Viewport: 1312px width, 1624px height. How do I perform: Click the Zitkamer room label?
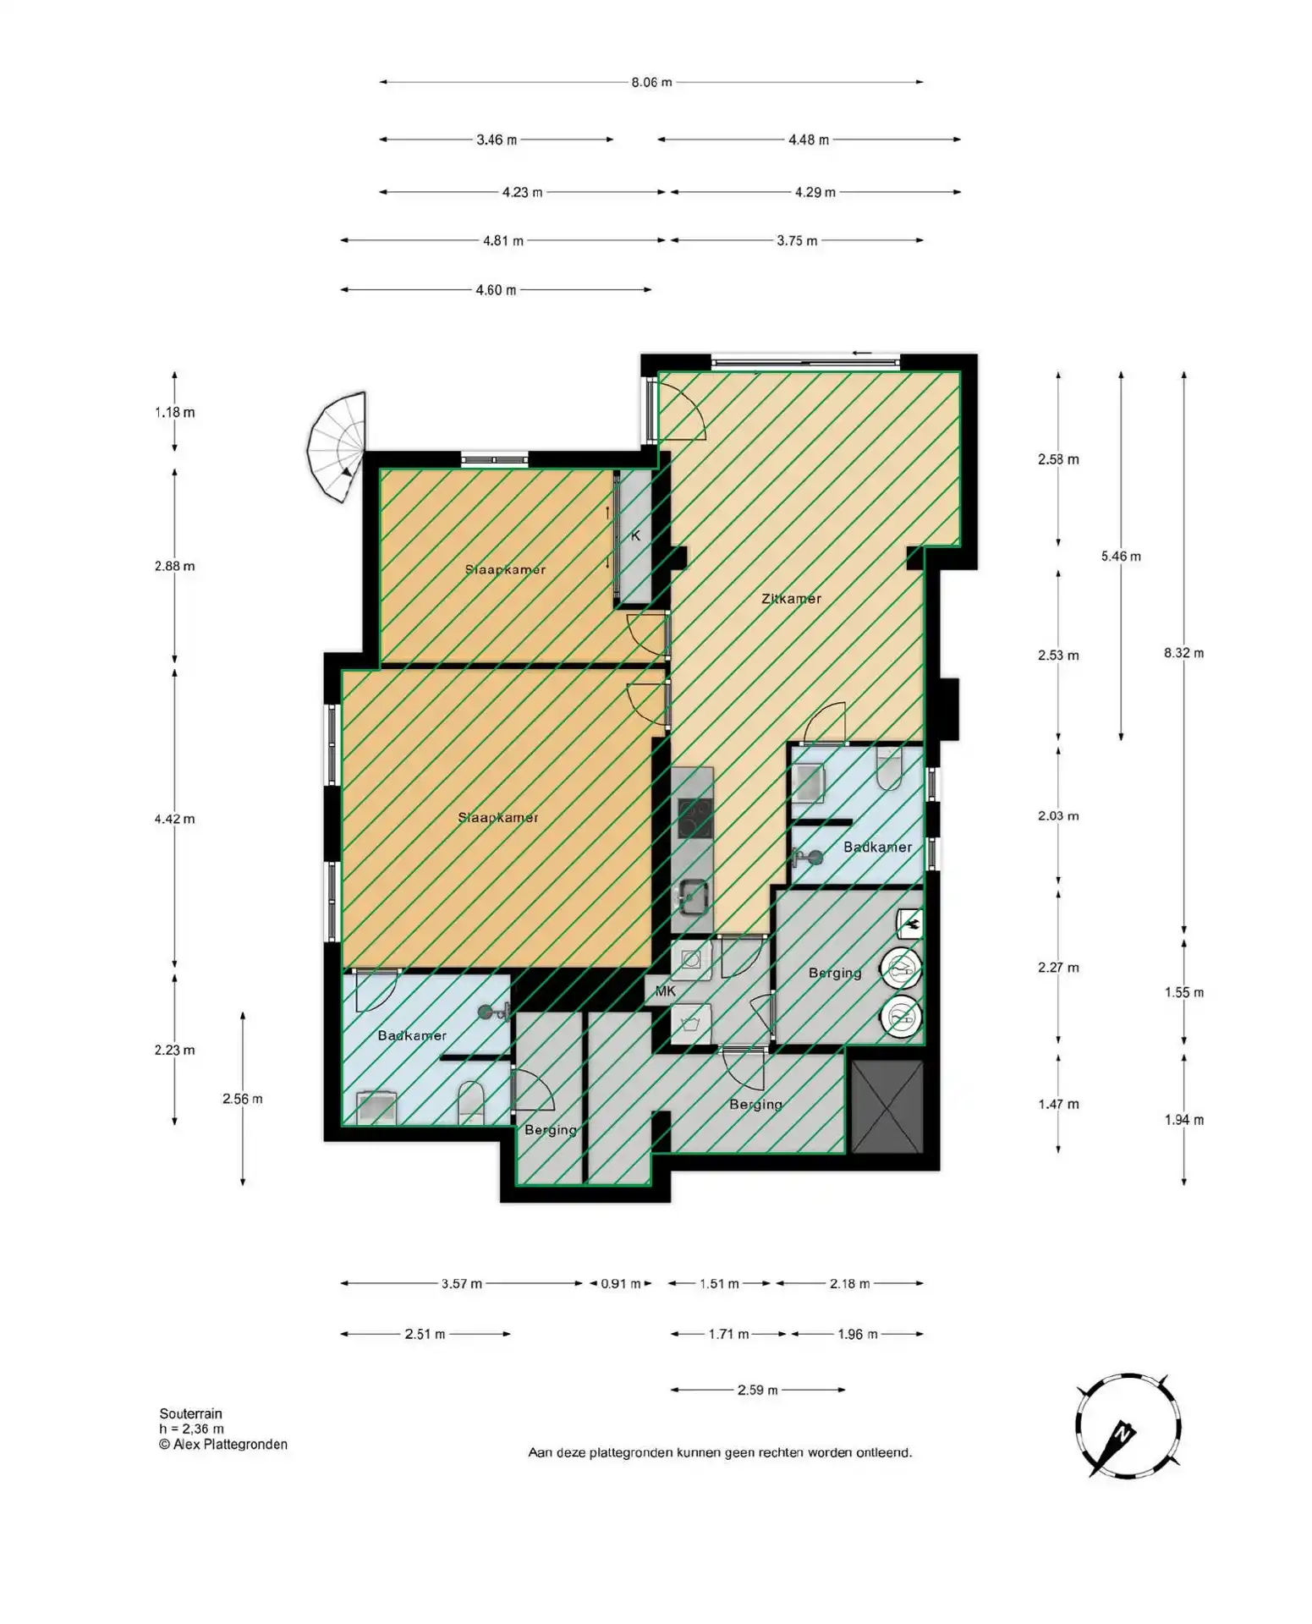[791, 599]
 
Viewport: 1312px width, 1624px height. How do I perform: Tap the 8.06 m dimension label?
[651, 82]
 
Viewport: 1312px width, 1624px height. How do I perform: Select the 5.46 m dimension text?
[1121, 557]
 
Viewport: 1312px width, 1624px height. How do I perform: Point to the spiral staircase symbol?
[337, 447]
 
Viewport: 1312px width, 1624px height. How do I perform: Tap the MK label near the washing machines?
[666, 991]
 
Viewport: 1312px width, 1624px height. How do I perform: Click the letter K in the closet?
[635, 536]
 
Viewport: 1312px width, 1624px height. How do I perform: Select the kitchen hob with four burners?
[694, 817]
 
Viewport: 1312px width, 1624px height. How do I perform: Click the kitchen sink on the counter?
[694, 897]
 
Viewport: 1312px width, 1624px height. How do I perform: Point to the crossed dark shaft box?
[887, 1106]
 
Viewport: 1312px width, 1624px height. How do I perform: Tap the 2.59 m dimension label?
[757, 1390]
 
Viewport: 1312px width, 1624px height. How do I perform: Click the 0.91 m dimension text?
[620, 1284]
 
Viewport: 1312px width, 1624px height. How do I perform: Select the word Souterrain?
[190, 1413]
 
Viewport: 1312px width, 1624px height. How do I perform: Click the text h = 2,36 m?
[191, 1429]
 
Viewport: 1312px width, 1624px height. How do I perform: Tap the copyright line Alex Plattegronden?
[223, 1445]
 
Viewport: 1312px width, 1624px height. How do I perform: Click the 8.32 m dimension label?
[1183, 653]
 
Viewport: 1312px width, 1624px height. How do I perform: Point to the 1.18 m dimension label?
[174, 413]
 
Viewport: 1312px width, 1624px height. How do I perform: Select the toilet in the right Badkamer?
[890, 767]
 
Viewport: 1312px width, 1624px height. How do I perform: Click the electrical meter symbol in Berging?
[910, 924]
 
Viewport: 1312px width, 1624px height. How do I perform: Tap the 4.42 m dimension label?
[174, 819]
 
